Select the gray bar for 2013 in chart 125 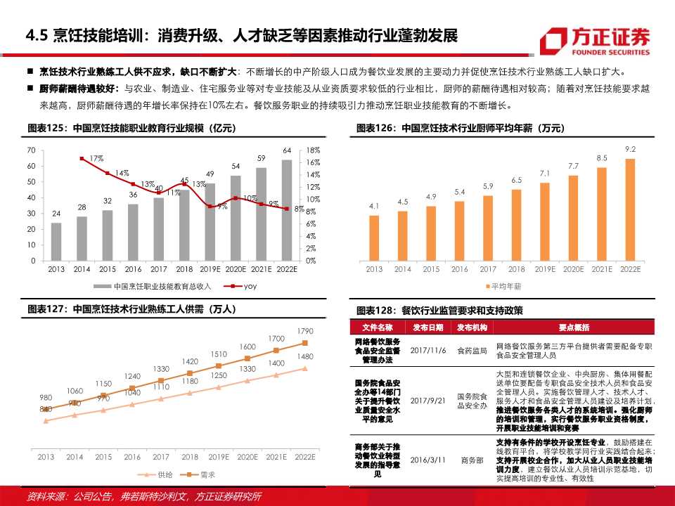[x=56, y=242]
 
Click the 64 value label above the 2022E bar [x=286, y=150]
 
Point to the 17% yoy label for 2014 [x=96, y=158]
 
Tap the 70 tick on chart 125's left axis [x=31, y=150]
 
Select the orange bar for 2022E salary [x=630, y=209]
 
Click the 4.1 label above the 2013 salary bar [x=374, y=206]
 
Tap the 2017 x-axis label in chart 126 [x=488, y=269]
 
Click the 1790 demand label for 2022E [x=305, y=331]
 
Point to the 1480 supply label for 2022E [x=305, y=357]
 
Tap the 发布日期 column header [x=428, y=327]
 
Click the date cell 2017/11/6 [x=428, y=350]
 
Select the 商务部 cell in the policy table [x=472, y=460]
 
